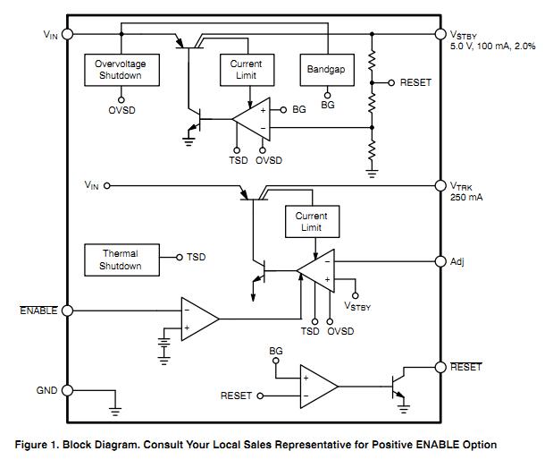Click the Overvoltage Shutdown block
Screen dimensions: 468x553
click(x=120, y=70)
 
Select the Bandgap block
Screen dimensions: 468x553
click(x=325, y=69)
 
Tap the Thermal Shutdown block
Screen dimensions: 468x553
click(x=120, y=260)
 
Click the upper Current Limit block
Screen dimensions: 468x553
click(x=246, y=70)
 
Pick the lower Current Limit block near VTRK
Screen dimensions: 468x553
click(x=311, y=221)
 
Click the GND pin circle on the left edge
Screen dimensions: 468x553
click(x=67, y=390)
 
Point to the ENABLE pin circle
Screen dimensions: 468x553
click(x=67, y=311)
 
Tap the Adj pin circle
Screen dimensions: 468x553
click(x=440, y=261)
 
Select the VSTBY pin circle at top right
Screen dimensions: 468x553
click(x=440, y=33)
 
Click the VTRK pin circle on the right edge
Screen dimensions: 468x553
click(x=440, y=186)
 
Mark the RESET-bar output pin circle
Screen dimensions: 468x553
click(x=440, y=367)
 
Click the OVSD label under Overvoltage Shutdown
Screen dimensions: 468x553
click(x=121, y=111)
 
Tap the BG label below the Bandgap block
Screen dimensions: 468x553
click(x=328, y=106)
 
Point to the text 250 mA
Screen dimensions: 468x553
click(x=465, y=198)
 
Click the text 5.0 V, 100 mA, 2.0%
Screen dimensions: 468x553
click(x=492, y=45)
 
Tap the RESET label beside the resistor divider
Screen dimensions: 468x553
click(x=415, y=82)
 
